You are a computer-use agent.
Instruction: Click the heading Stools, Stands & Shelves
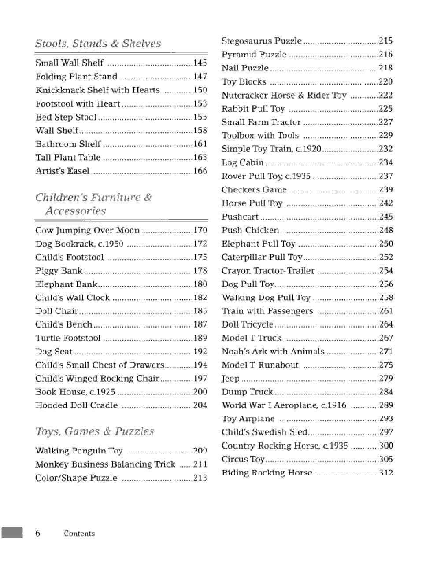click(x=98, y=44)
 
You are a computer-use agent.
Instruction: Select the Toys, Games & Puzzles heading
click(x=95, y=431)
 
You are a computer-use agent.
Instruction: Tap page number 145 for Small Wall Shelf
click(x=200, y=63)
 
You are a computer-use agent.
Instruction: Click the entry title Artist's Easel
click(x=63, y=171)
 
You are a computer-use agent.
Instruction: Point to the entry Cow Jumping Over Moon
click(x=87, y=230)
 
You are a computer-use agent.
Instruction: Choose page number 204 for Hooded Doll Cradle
click(x=200, y=405)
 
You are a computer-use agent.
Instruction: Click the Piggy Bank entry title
click(x=59, y=271)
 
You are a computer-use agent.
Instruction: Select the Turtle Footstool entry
click(x=68, y=338)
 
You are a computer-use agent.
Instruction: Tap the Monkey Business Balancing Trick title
click(x=105, y=464)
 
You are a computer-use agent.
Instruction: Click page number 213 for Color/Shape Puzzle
click(x=200, y=478)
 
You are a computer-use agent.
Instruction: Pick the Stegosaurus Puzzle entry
click(x=262, y=41)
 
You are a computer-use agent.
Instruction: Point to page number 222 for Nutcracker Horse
click(x=385, y=95)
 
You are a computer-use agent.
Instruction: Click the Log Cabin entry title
click(x=243, y=162)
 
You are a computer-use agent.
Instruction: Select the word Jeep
click(x=230, y=379)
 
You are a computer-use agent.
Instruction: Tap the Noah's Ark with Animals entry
click(x=273, y=351)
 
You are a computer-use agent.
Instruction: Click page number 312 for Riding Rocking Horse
click(x=386, y=473)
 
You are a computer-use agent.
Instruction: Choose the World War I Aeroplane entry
click(x=284, y=405)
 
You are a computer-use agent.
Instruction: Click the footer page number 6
click(x=37, y=534)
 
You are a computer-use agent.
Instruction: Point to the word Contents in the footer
click(x=79, y=534)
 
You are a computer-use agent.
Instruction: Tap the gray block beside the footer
click(x=12, y=532)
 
